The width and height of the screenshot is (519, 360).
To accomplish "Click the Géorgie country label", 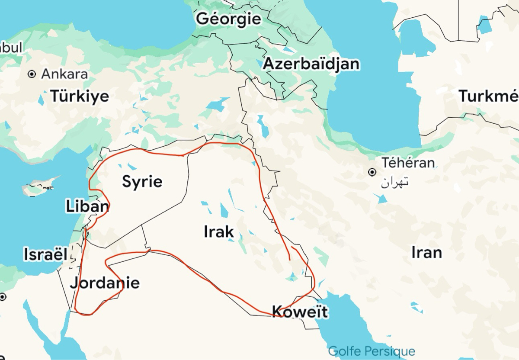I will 228,19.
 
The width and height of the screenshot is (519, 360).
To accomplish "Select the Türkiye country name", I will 80,96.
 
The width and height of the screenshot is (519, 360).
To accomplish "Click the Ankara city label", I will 64,74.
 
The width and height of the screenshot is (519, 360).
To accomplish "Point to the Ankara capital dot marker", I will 32,74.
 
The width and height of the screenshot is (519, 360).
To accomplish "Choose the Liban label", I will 87,206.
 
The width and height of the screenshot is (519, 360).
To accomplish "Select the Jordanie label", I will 105,283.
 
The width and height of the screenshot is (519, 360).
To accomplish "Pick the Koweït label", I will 300,311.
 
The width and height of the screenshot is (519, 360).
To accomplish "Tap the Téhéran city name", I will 408,163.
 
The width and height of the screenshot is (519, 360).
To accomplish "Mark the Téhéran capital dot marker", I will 372,172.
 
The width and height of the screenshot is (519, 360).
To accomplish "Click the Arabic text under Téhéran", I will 394,182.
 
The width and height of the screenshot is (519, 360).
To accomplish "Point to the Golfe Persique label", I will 372,351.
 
